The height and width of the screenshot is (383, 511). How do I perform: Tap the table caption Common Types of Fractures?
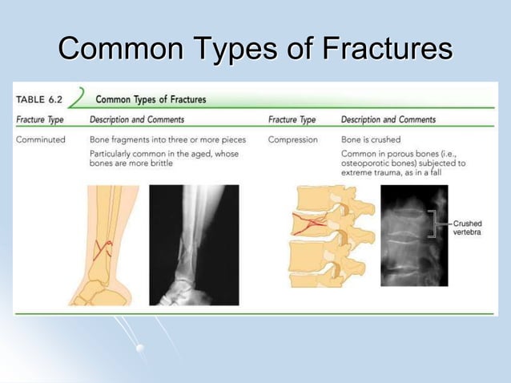[151, 99]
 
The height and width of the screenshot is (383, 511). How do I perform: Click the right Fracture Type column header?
[292, 119]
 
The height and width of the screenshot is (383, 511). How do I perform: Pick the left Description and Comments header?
[137, 119]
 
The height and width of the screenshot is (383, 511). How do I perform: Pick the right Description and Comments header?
[388, 119]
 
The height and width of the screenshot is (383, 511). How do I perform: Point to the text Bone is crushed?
[371, 139]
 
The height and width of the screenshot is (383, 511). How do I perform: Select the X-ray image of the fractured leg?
[194, 244]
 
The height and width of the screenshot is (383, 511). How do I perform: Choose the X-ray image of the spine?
[412, 236]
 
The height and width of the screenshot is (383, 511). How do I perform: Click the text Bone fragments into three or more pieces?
[167, 139]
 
